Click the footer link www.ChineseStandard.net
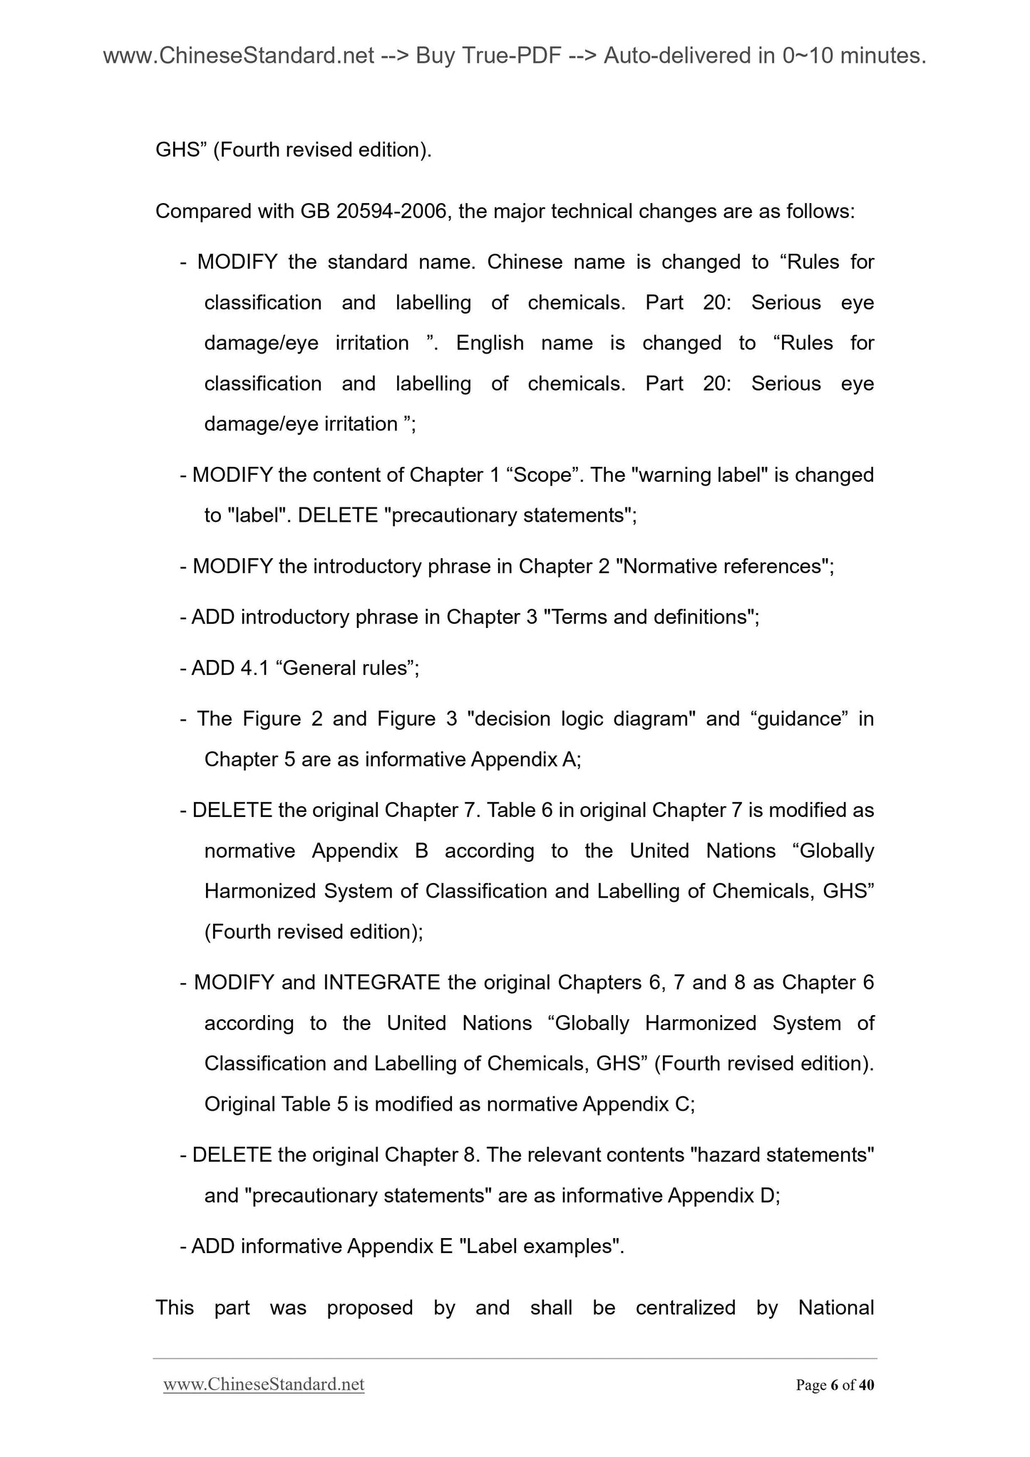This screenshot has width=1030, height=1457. click(x=264, y=1384)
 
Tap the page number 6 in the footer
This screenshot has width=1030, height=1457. click(x=834, y=1385)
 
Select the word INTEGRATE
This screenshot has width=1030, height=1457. click(x=381, y=982)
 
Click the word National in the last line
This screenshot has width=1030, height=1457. click(x=835, y=1307)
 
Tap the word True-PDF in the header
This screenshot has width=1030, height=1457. click(x=510, y=56)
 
